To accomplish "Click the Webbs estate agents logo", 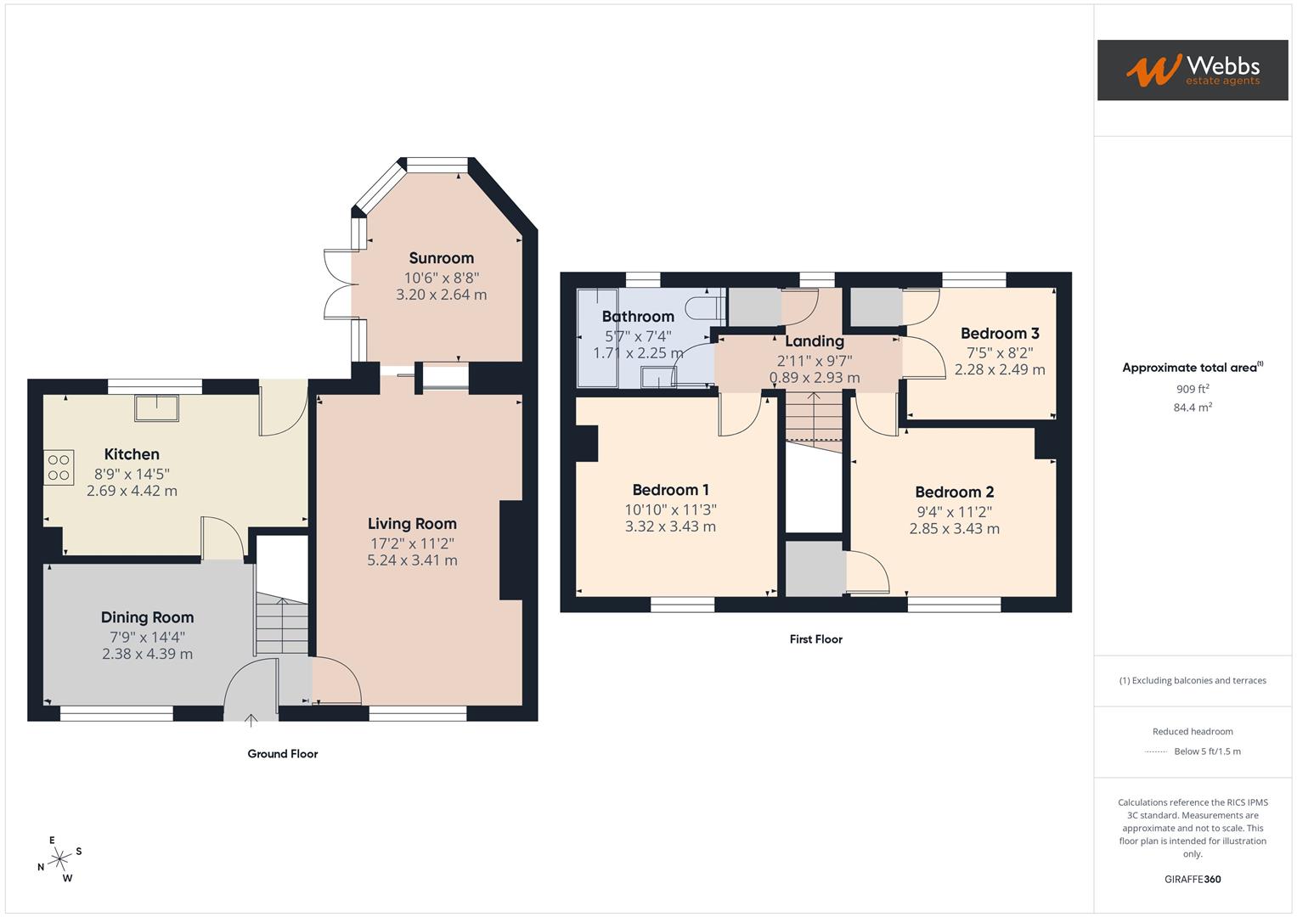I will (x=1192, y=70).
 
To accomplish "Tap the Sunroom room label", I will (x=441, y=258).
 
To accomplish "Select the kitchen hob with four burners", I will (x=59, y=467).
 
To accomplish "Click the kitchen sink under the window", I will (x=156, y=408).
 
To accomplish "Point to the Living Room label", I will (x=412, y=524).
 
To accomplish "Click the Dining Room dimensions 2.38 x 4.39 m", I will (x=147, y=654).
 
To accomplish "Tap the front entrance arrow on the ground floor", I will (x=251, y=721).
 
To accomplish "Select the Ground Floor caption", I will (x=282, y=754).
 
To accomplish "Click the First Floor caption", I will (x=815, y=639).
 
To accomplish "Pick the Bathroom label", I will (x=638, y=317).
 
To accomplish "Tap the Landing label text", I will (x=814, y=341).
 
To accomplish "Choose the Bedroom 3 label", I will (x=1000, y=334).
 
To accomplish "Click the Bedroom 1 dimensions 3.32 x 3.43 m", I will (x=670, y=526).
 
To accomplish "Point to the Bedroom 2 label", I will (x=954, y=492).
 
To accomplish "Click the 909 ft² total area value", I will (x=1193, y=389).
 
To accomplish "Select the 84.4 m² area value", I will (x=1193, y=408).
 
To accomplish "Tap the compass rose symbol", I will (x=59, y=860).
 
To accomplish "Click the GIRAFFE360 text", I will (x=1193, y=880).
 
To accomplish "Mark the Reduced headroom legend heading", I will (x=1193, y=732).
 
